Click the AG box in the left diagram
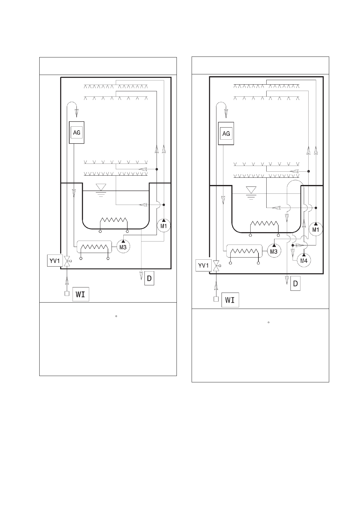point(76,132)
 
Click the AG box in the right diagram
point(226,134)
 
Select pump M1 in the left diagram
point(164,225)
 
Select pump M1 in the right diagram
point(316,229)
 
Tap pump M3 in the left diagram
point(123,247)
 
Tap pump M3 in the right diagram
point(274,251)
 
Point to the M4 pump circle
point(304,260)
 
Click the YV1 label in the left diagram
point(55,261)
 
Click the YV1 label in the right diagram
point(203,265)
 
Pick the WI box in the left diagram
point(81,294)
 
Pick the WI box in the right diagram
point(230,300)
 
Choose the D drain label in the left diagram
point(149,278)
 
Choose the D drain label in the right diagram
point(295,283)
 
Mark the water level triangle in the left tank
point(101,187)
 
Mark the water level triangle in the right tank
point(251,190)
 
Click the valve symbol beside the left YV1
point(67,261)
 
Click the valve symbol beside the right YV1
point(217,265)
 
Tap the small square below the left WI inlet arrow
point(67,293)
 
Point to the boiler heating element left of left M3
point(94,247)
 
